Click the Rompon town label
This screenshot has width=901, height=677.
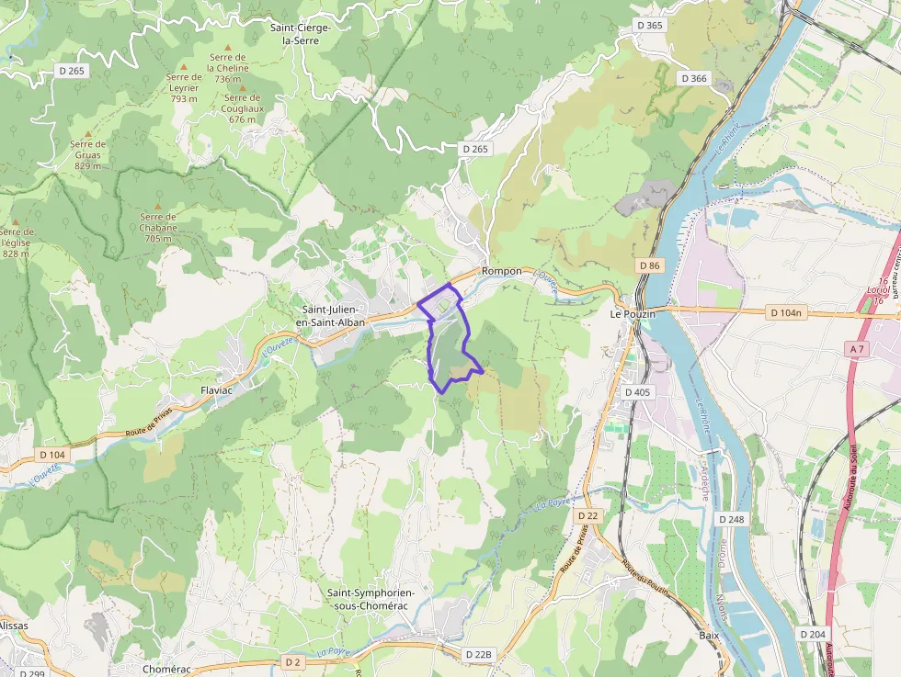click(x=501, y=271)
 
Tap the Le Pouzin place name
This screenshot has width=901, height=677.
click(x=633, y=313)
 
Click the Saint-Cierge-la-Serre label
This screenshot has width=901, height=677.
click(x=300, y=34)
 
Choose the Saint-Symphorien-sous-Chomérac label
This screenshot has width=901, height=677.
click(x=371, y=599)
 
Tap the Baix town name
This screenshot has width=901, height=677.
click(x=709, y=635)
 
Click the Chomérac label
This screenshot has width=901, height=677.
click(x=166, y=669)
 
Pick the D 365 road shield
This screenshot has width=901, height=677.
click(x=649, y=25)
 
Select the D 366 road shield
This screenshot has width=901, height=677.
click(x=694, y=78)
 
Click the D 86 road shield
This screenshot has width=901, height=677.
click(x=649, y=265)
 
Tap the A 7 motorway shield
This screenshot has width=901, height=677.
click(x=857, y=349)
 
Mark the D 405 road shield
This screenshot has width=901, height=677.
click(x=637, y=392)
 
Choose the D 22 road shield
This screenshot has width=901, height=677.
click(x=587, y=515)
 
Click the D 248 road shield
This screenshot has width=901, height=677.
click(x=731, y=519)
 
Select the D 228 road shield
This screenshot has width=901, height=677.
click(x=478, y=654)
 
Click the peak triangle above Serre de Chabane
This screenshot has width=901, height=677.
click(x=157, y=207)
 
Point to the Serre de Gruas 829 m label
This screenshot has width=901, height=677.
click(x=87, y=154)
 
